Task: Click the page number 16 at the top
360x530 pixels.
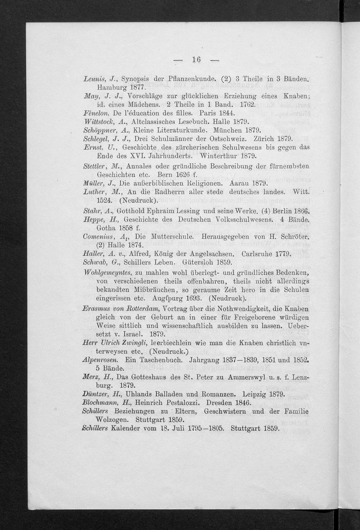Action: (196, 59)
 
